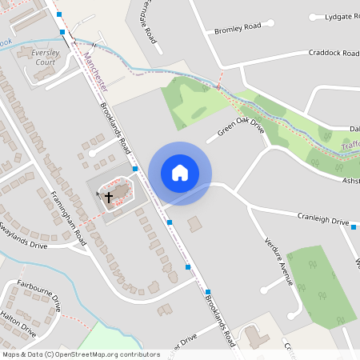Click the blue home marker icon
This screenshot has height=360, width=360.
click(180, 173)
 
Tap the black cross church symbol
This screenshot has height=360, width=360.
click(109, 196)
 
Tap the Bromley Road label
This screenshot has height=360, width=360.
click(238, 28)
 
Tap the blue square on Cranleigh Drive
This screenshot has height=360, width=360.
click(353, 227)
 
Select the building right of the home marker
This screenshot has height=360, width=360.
click(194, 222)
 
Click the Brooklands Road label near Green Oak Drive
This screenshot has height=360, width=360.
click(116, 128)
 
